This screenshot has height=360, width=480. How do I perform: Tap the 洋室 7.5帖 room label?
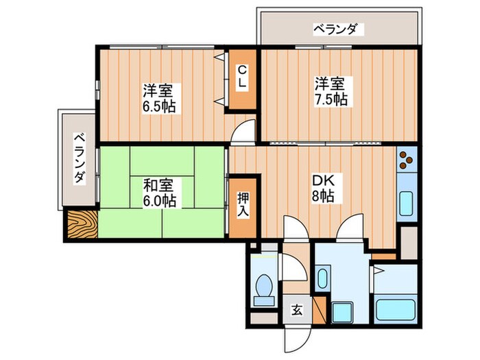[x=331, y=92]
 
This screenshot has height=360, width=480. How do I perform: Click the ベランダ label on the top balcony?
[x=336, y=29]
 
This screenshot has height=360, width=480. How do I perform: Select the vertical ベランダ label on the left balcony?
[x=80, y=157]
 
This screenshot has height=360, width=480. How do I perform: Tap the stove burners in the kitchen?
[x=405, y=160]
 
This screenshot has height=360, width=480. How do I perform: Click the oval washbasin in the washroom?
[x=324, y=281]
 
